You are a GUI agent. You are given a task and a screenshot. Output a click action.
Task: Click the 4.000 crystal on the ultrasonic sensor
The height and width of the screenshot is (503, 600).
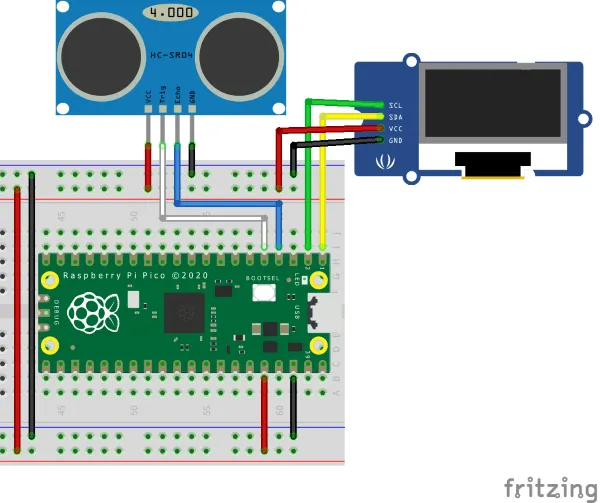(169, 14)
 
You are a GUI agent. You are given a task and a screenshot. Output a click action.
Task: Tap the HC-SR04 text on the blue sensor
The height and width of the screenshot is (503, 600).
(170, 58)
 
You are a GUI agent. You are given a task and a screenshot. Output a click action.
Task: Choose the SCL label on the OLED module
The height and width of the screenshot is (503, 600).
(395, 105)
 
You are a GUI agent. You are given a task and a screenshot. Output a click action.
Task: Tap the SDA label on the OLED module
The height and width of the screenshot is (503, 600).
(395, 117)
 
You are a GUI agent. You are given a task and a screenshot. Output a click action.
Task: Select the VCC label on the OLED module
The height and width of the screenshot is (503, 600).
(395, 129)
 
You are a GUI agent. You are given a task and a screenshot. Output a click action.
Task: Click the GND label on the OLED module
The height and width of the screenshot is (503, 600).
(395, 141)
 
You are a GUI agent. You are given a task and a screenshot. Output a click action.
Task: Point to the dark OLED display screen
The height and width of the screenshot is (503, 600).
(491, 105)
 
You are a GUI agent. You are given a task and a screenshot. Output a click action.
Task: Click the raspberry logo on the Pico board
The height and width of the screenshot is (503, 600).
(97, 313)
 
